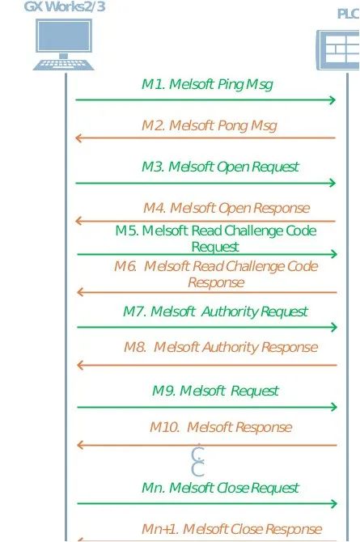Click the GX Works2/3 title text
pyautogui.click(x=65, y=6)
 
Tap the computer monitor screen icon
pyautogui.click(x=64, y=36)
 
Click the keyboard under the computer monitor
pyautogui.click(x=64, y=65)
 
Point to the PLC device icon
pyautogui.click(x=338, y=50)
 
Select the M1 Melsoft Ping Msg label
pyautogui.click(x=207, y=85)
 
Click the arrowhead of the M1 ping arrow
pyautogui.click(x=332, y=100)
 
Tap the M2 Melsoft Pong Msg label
pyautogui.click(x=210, y=126)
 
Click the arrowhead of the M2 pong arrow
pyautogui.click(x=79, y=138)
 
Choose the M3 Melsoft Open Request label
pyautogui.click(x=220, y=167)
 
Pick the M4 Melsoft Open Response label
pyautogui.click(x=227, y=208)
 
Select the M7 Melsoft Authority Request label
pyautogui.click(x=215, y=311)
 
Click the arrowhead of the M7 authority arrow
pyautogui.click(x=333, y=327)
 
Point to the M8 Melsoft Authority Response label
pyautogui.click(x=221, y=347)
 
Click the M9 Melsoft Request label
pyautogui.click(x=215, y=391)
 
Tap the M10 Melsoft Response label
pyautogui.click(x=221, y=428)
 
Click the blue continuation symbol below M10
pyautogui.click(x=198, y=460)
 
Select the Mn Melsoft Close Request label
pyautogui.click(x=220, y=488)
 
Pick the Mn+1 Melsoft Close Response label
pyautogui.click(x=231, y=529)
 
